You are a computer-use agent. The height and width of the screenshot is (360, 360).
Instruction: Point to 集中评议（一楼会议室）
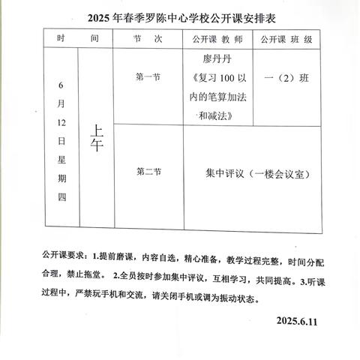[x=257, y=173]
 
